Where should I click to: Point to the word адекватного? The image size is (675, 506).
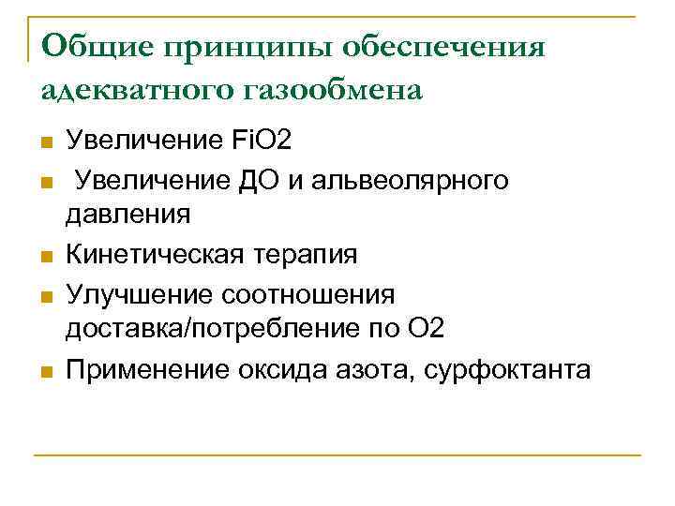[x=123, y=91]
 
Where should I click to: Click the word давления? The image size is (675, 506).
[x=127, y=215]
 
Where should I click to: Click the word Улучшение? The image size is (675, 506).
[x=139, y=294]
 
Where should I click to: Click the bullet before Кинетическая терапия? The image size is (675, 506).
[x=44, y=256]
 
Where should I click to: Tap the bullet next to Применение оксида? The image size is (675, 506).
[x=44, y=371]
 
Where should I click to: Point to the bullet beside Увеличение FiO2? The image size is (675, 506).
[x=44, y=143]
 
